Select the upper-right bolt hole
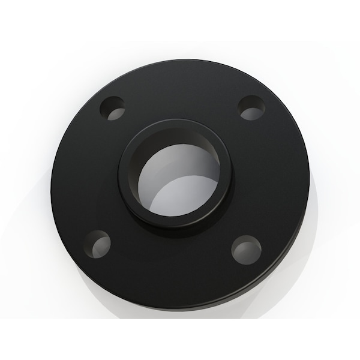point(251,107)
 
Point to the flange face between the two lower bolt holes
point(174,264)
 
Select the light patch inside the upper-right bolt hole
point(256,112)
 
